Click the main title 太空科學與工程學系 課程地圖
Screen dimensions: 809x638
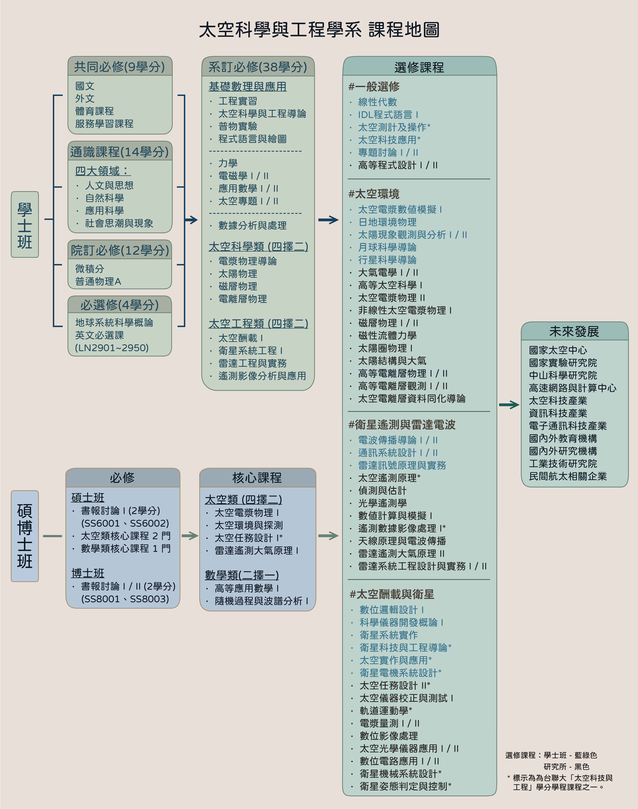point(319,30)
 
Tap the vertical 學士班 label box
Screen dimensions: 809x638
point(25,225)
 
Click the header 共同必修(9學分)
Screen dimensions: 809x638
point(120,67)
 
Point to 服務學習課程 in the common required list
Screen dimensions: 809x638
point(104,124)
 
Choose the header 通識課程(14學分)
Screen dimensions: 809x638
point(120,152)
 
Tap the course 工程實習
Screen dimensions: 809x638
point(238,101)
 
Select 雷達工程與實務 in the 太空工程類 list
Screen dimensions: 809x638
point(253,363)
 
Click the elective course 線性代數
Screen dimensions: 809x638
point(377,102)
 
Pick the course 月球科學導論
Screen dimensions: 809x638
point(387,247)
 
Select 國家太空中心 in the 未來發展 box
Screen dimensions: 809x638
point(558,350)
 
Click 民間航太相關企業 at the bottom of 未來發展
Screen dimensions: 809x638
point(567,476)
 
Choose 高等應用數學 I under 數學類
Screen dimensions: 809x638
point(247,588)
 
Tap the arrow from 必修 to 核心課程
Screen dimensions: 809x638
point(190,536)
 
